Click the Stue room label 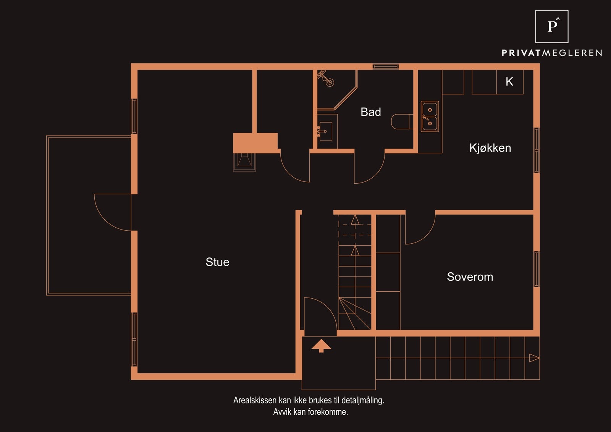pyautogui.click(x=217, y=262)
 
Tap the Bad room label pyautogui.click(x=371, y=112)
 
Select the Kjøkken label pyautogui.click(x=490, y=148)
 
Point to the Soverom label pyautogui.click(x=470, y=277)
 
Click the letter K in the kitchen pyautogui.click(x=509, y=82)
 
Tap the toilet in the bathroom pyautogui.click(x=402, y=122)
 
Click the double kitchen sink pyautogui.click(x=430, y=116)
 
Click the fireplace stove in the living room pyautogui.click(x=244, y=162)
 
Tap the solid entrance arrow pyautogui.click(x=321, y=346)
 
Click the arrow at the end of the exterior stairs pyautogui.click(x=534, y=358)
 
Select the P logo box pyautogui.click(x=552, y=26)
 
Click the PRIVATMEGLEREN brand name pyautogui.click(x=552, y=53)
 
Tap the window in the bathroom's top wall pyautogui.click(x=386, y=66)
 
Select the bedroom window pyautogui.click(x=537, y=269)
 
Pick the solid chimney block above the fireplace pyautogui.click(x=255, y=143)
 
